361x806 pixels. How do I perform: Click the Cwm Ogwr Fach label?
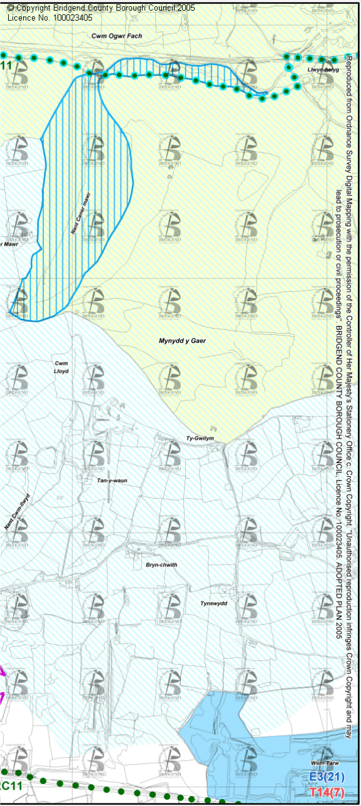pyautogui.click(x=117, y=36)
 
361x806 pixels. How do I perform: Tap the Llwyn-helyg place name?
pyautogui.click(x=323, y=70)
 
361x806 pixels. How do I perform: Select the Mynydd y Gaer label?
pyautogui.click(x=182, y=341)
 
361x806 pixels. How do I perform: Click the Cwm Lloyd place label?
pyautogui.click(x=61, y=367)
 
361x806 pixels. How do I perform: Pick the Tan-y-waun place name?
pyautogui.click(x=112, y=463)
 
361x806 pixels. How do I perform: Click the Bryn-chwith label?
pyautogui.click(x=161, y=565)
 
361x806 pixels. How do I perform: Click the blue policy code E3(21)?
pyautogui.click(x=327, y=777)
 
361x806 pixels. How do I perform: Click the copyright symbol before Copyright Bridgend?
pyautogui.click(x=10, y=8)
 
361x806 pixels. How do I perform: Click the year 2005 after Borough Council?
pyautogui.click(x=186, y=8)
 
